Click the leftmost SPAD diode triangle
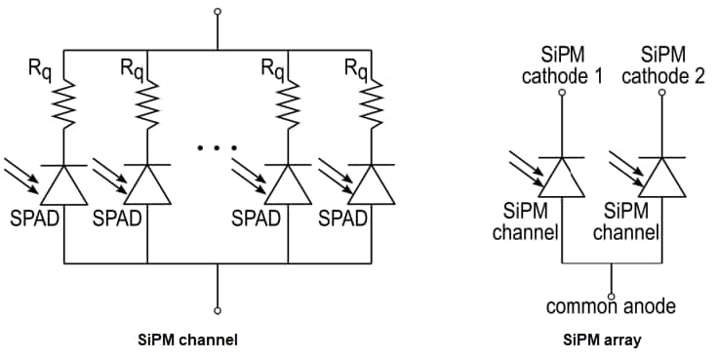(63, 182)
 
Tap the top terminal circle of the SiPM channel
(217, 13)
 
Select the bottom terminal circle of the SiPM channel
(217, 309)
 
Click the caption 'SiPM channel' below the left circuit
(189, 340)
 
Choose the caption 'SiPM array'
(602, 340)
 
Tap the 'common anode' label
(611, 307)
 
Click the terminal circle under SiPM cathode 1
(562, 94)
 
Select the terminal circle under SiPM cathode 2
(662, 94)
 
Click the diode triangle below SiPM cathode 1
(562, 177)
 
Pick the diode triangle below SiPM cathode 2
(662, 177)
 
